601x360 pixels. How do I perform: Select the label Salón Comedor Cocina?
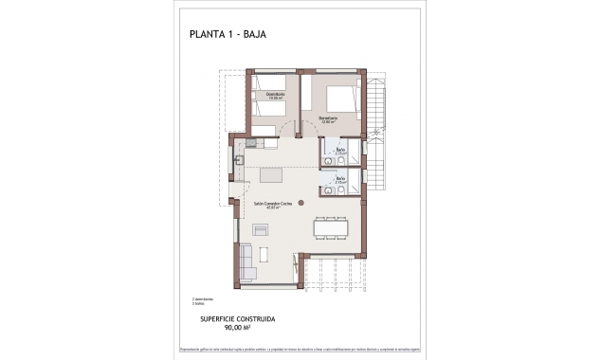(x=273, y=203)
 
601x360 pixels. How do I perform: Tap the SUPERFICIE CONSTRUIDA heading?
(x=238, y=319)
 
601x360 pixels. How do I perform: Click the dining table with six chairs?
(x=332, y=226)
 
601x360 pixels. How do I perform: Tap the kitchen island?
(x=271, y=175)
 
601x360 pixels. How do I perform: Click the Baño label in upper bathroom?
(x=340, y=150)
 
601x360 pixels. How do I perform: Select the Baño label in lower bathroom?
(x=340, y=177)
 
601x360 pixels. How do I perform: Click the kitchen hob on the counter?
(x=253, y=144)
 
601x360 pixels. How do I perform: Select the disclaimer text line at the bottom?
(x=300, y=349)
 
